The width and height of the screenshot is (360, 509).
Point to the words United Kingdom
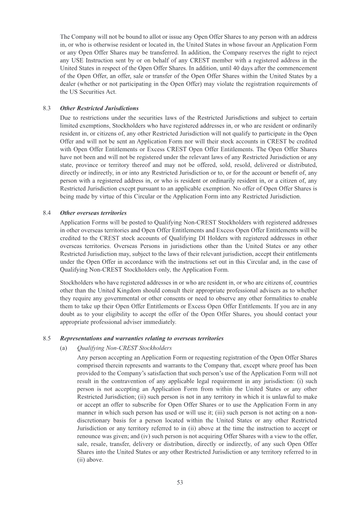point(108,291)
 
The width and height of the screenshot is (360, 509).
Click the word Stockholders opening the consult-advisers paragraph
point(76,283)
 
